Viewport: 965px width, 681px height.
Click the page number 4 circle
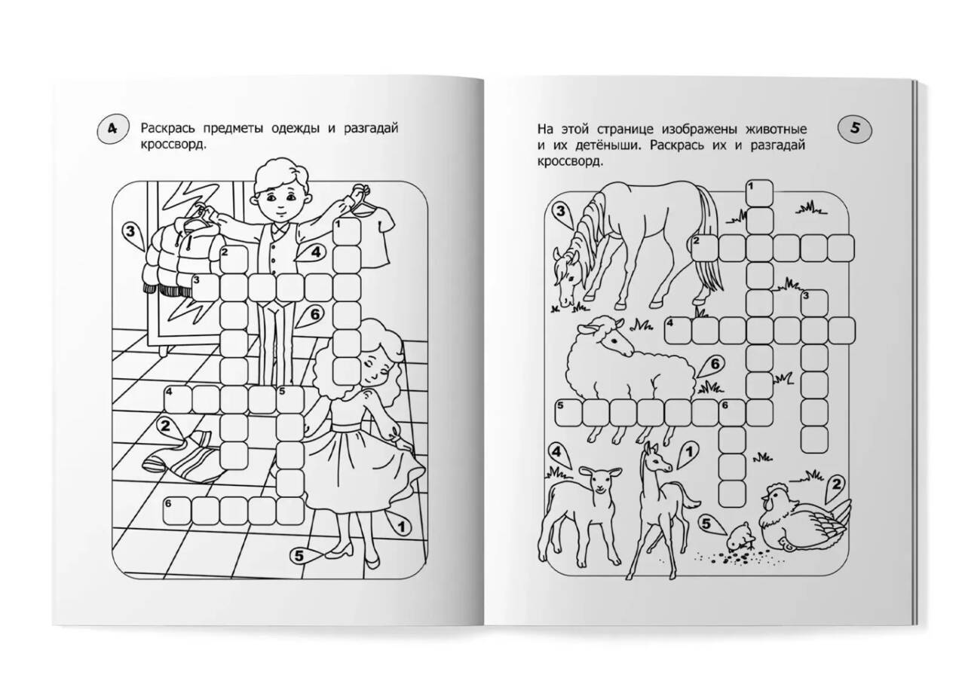click(x=112, y=129)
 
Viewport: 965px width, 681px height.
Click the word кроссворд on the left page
click(x=173, y=145)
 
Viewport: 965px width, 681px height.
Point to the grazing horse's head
click(x=568, y=276)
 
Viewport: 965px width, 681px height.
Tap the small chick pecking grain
click(x=740, y=541)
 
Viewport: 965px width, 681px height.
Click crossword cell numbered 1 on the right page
click(x=759, y=194)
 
